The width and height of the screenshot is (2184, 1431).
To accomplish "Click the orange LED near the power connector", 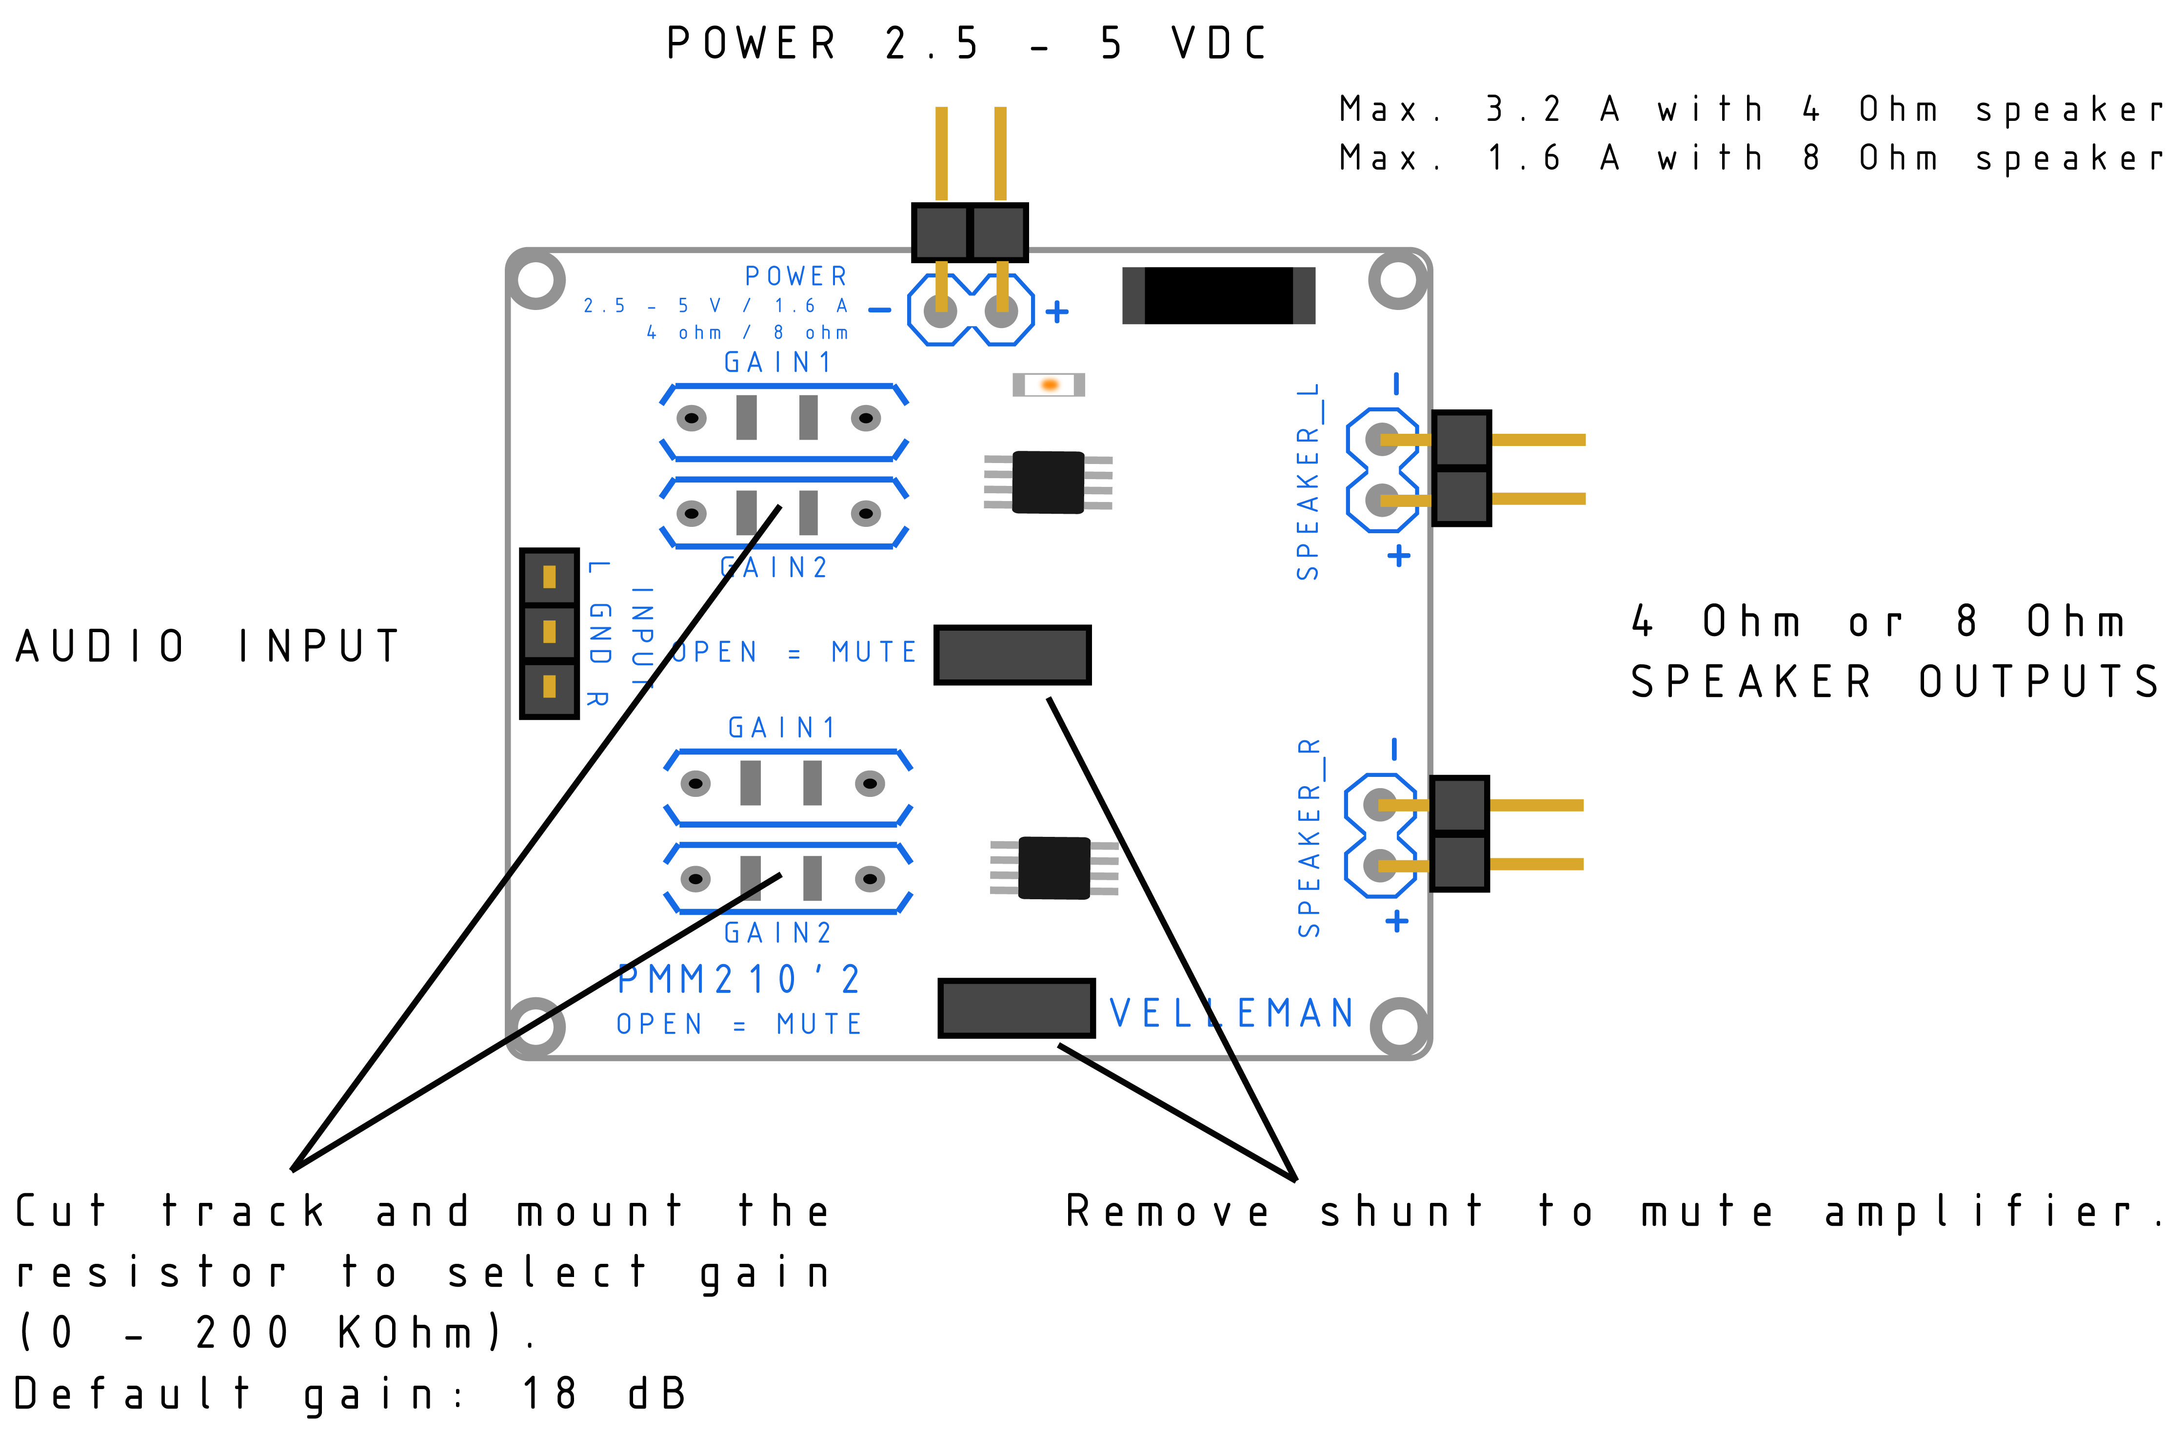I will click(x=1049, y=385).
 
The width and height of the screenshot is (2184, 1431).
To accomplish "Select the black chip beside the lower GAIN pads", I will click(x=1054, y=868).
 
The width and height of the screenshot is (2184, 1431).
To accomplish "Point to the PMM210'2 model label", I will click(x=739, y=980).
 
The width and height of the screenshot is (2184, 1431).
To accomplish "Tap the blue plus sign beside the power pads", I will click(x=1057, y=312).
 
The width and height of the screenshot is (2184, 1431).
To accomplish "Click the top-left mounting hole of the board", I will click(x=536, y=279).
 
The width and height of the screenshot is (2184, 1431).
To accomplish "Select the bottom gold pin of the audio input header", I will click(x=549, y=686).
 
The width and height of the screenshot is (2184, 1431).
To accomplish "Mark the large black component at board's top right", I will click(x=1219, y=295).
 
